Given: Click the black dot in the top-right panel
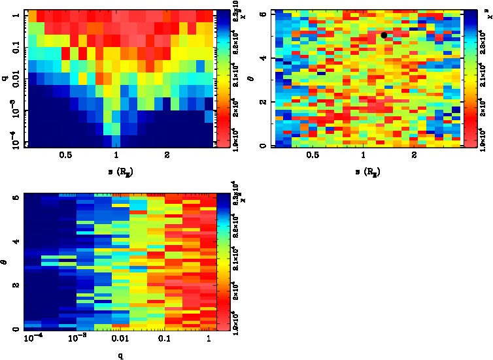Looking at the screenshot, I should (x=384, y=35).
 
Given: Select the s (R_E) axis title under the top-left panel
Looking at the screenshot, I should (x=116, y=171).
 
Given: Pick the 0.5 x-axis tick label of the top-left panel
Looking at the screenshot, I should (x=65, y=155).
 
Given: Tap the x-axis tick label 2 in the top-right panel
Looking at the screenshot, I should (x=415, y=155).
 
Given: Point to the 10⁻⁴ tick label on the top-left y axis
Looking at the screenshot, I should (x=14, y=141).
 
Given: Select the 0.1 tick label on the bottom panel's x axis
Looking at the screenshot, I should (x=164, y=340).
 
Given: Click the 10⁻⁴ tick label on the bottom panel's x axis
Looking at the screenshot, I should (x=32, y=340).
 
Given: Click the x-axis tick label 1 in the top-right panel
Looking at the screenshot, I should (x=363, y=155).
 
